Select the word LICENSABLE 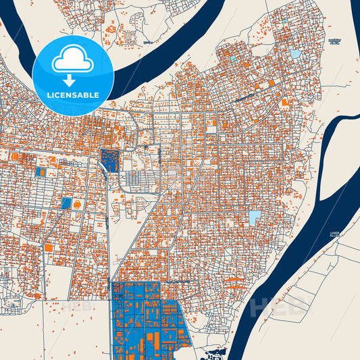point(72,95)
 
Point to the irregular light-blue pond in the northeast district point(294,53)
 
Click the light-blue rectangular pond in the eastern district point(255,217)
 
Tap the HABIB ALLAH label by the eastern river point(336,234)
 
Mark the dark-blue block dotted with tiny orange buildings point(108,159)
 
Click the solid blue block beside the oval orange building point(66,203)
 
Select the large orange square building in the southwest point(49,248)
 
